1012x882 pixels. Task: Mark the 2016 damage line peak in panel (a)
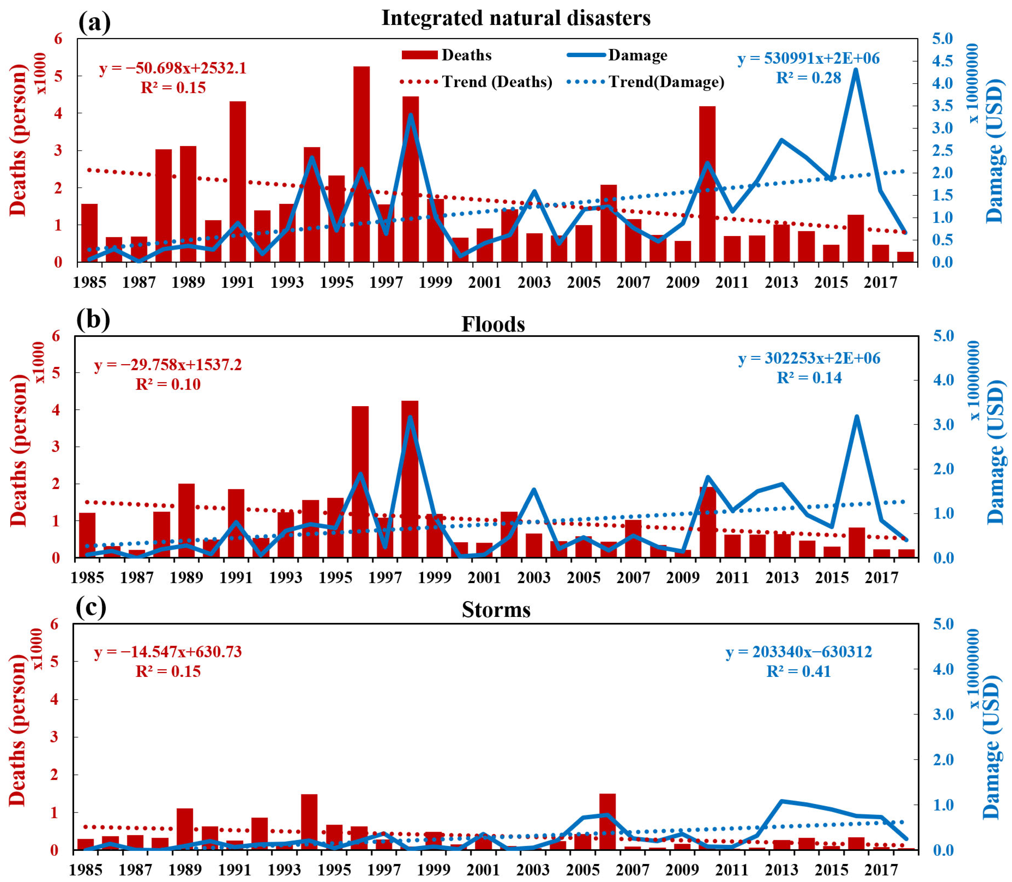856,70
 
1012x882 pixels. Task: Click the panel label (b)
93,319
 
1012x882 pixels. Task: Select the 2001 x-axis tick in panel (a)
485,283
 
